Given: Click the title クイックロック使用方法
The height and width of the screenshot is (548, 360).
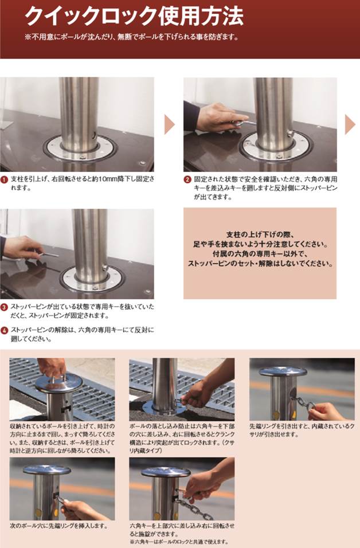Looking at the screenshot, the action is click(x=134, y=15).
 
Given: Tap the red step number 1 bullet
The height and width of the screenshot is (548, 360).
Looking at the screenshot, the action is click(x=5, y=179).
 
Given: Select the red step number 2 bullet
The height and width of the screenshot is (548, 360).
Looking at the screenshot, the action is click(x=187, y=179).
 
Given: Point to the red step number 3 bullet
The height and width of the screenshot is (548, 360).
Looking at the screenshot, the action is click(x=5, y=308).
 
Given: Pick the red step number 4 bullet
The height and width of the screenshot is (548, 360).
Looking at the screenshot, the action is click(x=5, y=331).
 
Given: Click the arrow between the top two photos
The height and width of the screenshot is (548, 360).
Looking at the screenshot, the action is click(x=169, y=124).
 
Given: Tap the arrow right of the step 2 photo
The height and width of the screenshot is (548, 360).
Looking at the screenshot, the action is click(x=350, y=124).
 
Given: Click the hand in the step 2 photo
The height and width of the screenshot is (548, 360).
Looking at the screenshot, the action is click(x=220, y=117).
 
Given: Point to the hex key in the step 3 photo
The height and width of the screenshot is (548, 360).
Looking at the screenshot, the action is click(x=49, y=254).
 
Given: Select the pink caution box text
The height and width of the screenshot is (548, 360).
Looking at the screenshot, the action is click(x=260, y=249).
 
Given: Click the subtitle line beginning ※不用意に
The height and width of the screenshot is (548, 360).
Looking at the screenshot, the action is click(x=132, y=37).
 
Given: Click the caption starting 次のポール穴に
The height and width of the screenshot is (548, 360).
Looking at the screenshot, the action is click(x=58, y=526).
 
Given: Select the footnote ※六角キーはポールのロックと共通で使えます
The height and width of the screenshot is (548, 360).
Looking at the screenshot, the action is click(x=179, y=542).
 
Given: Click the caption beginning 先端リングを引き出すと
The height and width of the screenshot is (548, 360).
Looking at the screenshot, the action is click(x=302, y=430).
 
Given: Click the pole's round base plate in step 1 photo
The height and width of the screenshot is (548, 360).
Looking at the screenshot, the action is click(x=80, y=148).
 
